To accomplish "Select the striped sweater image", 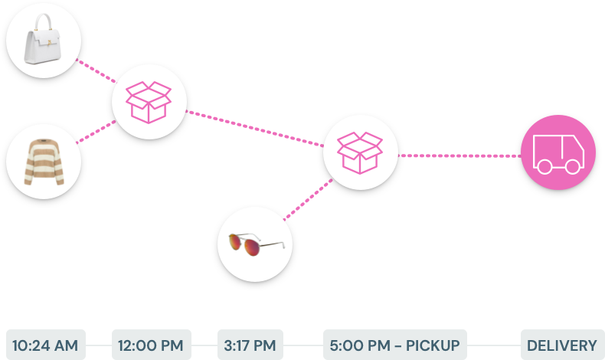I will (x=44, y=162).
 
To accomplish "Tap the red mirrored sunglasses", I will (x=255, y=245).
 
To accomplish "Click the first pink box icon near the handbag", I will (x=149, y=102).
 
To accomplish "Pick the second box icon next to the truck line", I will (x=360, y=152).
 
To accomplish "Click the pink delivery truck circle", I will (x=558, y=152).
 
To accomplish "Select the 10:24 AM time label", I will (x=45, y=345).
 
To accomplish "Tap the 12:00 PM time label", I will (x=151, y=345).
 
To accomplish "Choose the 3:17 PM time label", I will (x=250, y=345).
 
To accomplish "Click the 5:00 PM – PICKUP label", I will (x=394, y=345).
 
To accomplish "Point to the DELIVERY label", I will (x=561, y=345).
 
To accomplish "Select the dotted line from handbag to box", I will (x=97, y=72).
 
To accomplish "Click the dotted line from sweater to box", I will (x=96, y=131).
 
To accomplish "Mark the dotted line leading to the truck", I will (x=459, y=155).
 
